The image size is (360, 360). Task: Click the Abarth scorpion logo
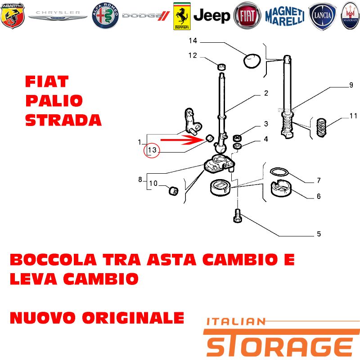coord(13,16)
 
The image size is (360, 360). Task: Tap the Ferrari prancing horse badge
coord(182,16)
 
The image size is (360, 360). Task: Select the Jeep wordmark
coord(211,16)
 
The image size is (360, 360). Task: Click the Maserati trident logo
coord(350,16)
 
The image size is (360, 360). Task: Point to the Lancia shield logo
coord(322,16)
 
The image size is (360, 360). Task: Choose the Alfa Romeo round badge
coord(105,16)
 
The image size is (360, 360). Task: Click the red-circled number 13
coord(152,150)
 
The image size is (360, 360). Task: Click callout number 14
coord(193,40)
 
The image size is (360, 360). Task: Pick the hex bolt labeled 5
coord(238,216)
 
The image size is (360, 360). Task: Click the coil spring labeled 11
coord(321,127)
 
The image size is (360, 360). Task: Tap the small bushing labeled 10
coord(173,190)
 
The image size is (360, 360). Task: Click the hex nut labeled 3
coord(237,138)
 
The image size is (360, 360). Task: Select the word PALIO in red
coord(54,100)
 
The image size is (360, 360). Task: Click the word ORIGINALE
coord(133,318)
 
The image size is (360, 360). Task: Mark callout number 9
coord(351,85)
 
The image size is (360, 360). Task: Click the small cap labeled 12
coord(221,67)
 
